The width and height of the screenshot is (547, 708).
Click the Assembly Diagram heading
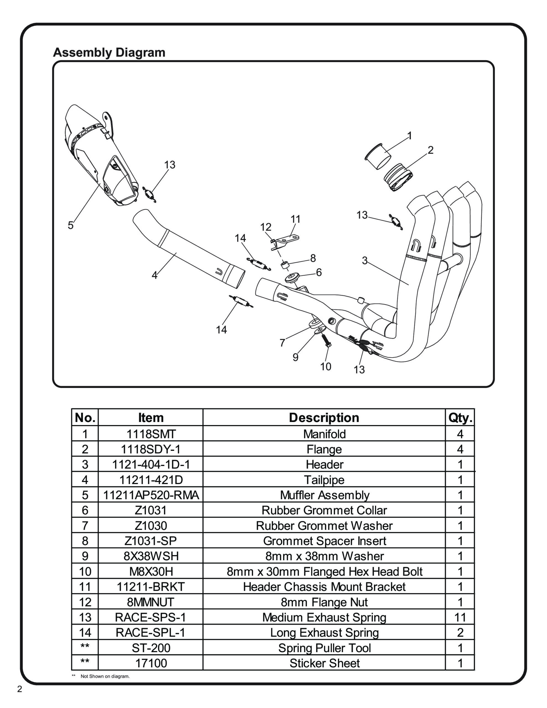point(109,52)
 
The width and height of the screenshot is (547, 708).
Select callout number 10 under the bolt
point(325,367)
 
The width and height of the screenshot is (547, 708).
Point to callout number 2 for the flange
point(430,150)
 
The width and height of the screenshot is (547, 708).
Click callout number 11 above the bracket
point(295,219)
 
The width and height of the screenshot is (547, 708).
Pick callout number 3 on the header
point(365,260)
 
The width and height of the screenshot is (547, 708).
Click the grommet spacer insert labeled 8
point(285,265)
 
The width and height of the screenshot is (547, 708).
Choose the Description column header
point(324,418)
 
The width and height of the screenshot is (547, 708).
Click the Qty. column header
point(460,418)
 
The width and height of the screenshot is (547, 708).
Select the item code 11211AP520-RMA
point(151,495)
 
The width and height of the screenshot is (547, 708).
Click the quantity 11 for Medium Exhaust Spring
point(460,618)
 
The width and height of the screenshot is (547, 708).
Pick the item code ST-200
point(151,648)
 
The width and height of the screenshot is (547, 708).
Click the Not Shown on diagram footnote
point(105,676)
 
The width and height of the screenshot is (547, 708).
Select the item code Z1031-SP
point(151,541)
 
